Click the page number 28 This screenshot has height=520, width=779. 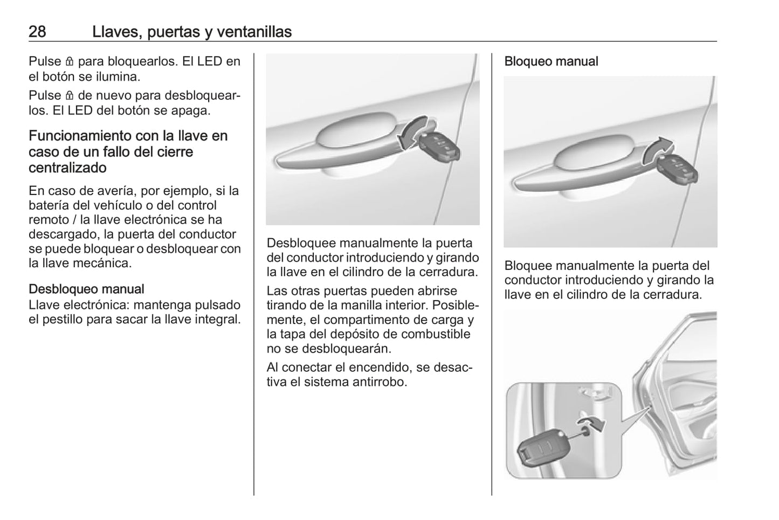tap(37, 31)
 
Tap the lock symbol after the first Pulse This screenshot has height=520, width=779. tap(69, 61)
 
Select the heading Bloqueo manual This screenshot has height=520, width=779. tap(551, 61)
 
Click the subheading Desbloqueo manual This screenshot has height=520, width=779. tap(86, 289)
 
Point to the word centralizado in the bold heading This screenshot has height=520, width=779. tap(67, 168)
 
